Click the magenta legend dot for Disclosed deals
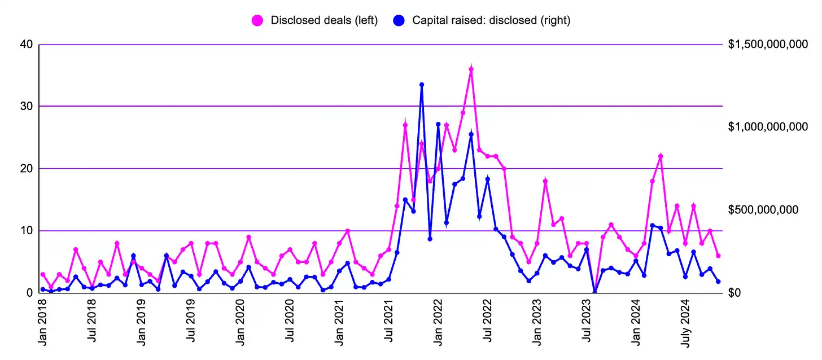point(258,20)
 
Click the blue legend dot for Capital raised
point(400,20)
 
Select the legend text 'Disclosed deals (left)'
point(324,20)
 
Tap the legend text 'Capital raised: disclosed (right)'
point(491,20)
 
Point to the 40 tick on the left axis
point(26,45)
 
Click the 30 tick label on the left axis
point(26,106)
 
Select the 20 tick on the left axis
point(26,168)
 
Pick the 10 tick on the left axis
point(26,230)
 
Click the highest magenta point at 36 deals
point(471,69)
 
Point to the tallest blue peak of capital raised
point(422,85)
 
